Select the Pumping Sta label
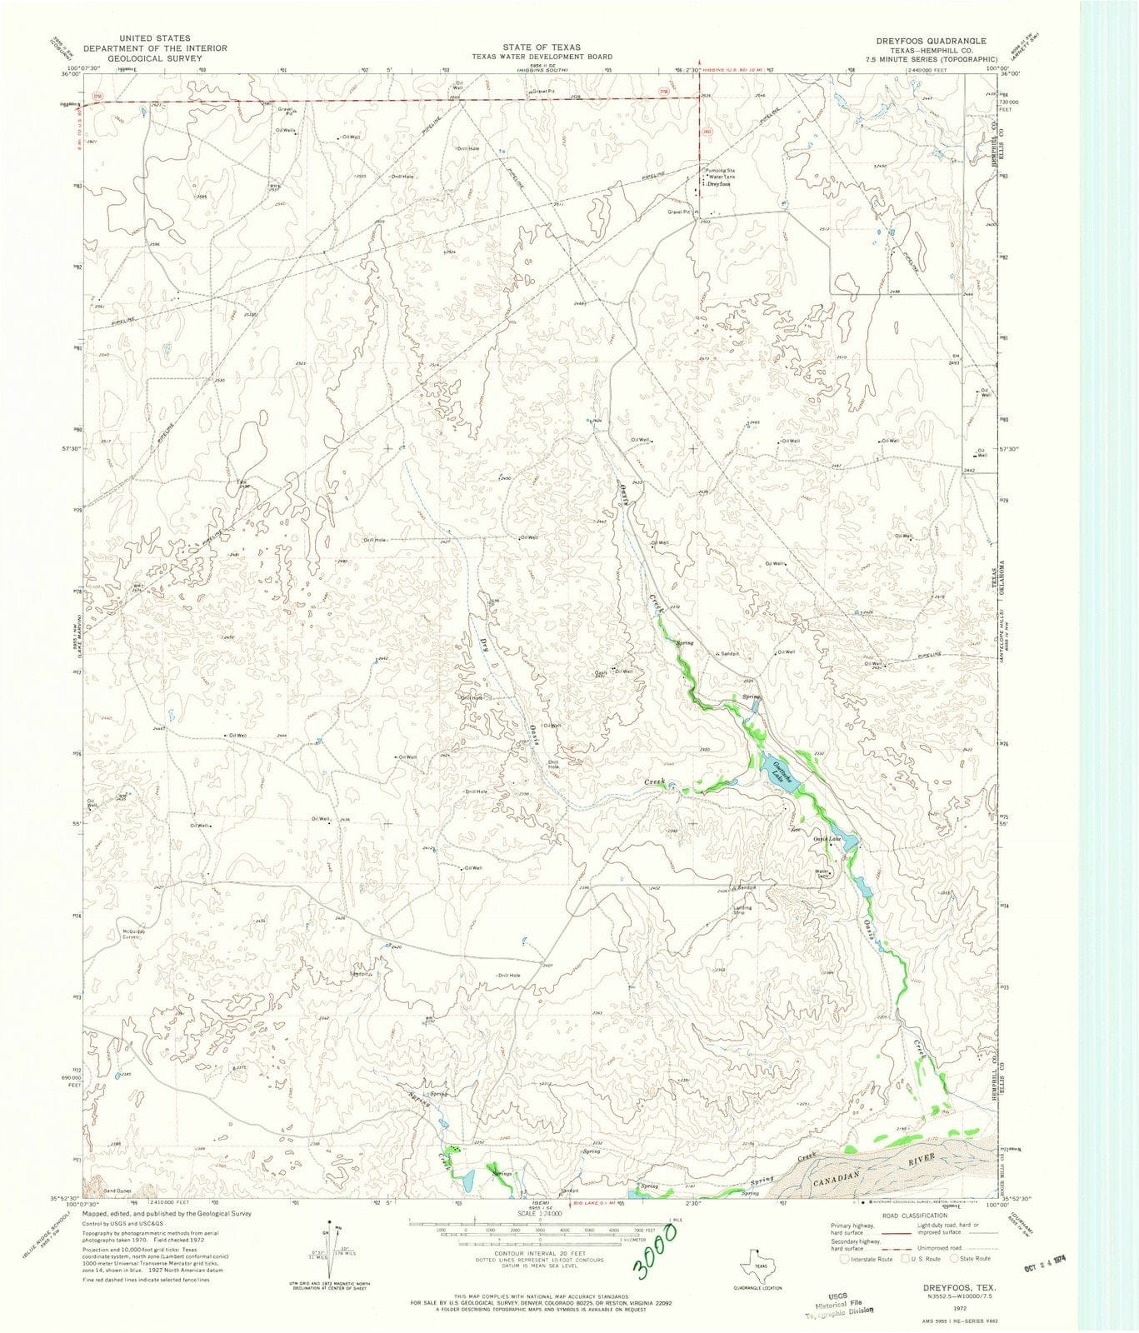click(717, 170)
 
